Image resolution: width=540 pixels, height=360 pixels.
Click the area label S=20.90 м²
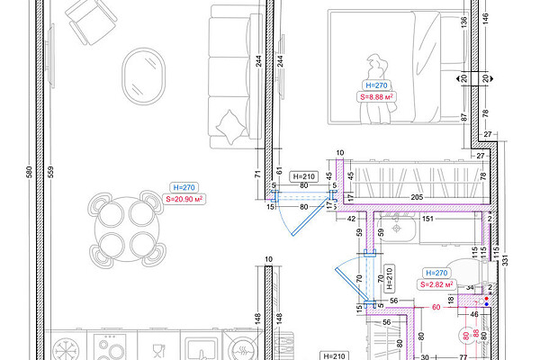point(184,199)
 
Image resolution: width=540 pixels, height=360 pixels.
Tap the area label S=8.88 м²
point(376,97)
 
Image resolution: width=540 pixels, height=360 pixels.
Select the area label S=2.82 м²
point(436,284)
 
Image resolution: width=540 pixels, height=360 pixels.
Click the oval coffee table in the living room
point(143,76)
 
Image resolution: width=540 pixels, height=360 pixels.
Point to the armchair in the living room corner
point(91,22)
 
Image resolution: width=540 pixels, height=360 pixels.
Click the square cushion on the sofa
point(230,126)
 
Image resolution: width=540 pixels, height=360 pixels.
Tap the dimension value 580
point(29,172)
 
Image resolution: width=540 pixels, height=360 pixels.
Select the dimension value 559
point(50,172)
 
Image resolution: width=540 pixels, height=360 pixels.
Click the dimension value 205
point(417,197)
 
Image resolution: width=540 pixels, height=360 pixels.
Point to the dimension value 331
point(505,260)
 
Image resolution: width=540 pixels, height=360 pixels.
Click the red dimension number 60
point(436,307)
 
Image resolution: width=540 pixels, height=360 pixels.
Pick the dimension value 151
point(427,219)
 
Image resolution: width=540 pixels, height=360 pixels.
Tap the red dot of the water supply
point(486,298)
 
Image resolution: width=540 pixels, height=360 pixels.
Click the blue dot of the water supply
point(486,304)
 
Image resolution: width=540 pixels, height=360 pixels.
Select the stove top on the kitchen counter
point(112,346)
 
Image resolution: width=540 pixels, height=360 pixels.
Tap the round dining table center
point(127,229)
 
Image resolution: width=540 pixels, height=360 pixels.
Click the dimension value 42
point(351,219)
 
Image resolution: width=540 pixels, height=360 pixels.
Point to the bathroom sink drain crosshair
point(397,228)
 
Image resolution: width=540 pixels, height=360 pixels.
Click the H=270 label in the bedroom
point(376,85)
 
